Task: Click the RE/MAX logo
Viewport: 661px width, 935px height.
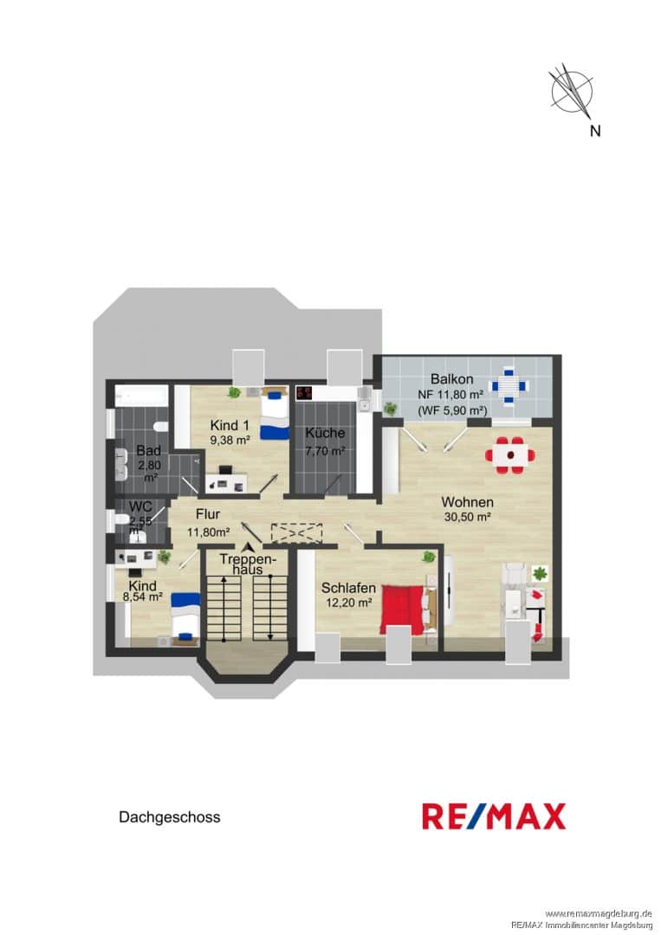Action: (493, 816)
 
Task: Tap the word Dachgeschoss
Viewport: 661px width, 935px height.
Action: (170, 817)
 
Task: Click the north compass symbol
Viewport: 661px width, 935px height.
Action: (571, 92)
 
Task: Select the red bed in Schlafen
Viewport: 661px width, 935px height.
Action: (403, 609)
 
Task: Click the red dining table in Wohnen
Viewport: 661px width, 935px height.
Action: (510, 455)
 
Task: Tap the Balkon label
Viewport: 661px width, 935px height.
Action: (451, 378)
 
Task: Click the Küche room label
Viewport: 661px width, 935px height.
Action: (325, 433)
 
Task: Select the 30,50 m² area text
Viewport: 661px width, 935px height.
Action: (467, 517)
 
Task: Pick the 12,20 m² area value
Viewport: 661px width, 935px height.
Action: (348, 603)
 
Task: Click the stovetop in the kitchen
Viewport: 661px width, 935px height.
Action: (304, 393)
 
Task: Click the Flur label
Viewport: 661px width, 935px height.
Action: (208, 514)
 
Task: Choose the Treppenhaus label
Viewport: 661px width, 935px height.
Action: (248, 564)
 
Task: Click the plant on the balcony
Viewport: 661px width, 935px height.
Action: (391, 409)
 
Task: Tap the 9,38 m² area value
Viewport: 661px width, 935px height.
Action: (230, 440)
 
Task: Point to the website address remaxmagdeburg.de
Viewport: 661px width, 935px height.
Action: (599, 913)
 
